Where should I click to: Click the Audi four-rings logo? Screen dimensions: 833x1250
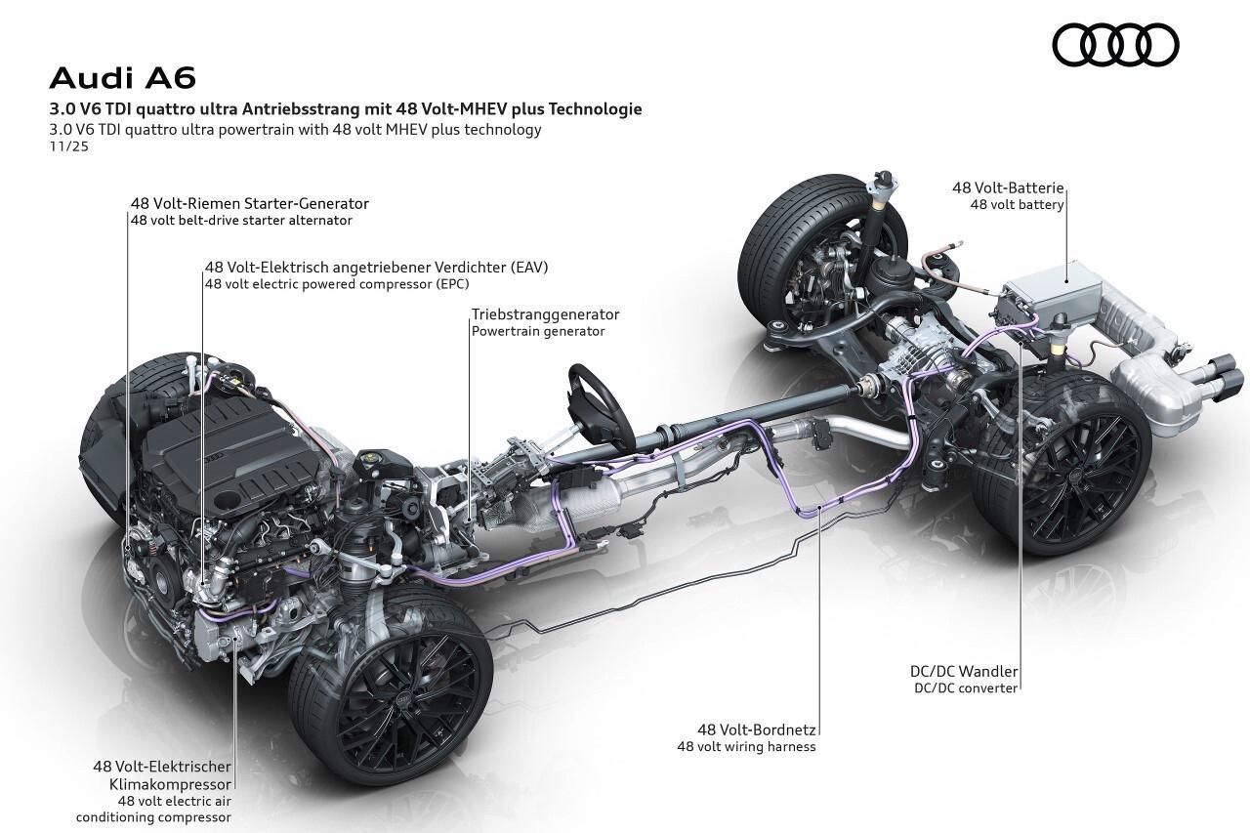coord(1115,46)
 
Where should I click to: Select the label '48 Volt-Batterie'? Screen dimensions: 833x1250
coord(1008,188)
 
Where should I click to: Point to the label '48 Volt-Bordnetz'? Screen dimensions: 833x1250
coord(757,729)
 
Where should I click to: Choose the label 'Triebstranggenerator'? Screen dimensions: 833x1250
coord(545,314)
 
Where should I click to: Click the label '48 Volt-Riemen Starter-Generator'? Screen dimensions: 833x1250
coord(249,203)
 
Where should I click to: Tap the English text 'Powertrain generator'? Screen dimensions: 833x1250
coord(538,331)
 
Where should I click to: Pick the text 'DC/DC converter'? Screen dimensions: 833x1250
coord(966,687)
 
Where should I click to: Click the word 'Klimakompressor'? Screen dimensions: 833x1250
coord(177,783)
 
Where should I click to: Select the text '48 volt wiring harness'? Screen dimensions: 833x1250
coord(746,747)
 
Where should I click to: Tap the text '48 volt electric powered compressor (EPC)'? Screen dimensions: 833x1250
coord(337,284)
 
